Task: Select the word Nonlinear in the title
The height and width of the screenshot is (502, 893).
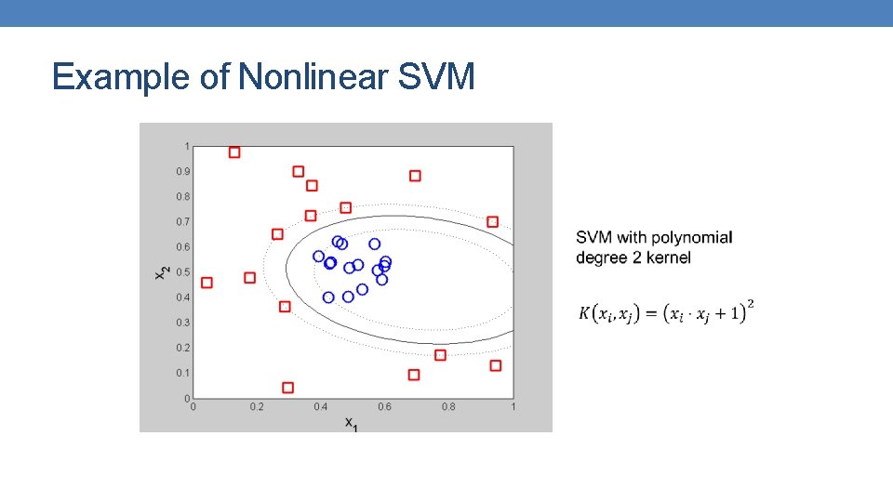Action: pyautogui.click(x=313, y=76)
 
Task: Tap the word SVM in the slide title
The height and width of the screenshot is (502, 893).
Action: pyautogui.click(x=436, y=76)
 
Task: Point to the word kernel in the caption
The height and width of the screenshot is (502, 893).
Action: pyautogui.click(x=669, y=258)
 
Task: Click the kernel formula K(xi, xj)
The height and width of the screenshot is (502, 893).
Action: pyautogui.click(x=666, y=312)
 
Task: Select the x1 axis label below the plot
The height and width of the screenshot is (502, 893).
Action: pyautogui.click(x=351, y=424)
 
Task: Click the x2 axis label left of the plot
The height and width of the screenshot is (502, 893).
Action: pyautogui.click(x=161, y=272)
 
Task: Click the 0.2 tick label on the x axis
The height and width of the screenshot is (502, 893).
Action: pyautogui.click(x=257, y=407)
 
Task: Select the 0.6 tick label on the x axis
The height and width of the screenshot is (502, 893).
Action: pyautogui.click(x=384, y=407)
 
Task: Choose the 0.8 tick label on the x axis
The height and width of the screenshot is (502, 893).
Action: pyautogui.click(x=448, y=407)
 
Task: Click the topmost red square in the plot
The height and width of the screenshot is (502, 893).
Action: pyautogui.click(x=234, y=152)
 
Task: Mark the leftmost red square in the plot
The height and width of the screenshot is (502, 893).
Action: pyautogui.click(x=207, y=283)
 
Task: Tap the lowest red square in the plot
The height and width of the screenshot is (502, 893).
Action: pyautogui.click(x=287, y=388)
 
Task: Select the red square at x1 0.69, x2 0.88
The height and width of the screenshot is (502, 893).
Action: pyautogui.click(x=415, y=176)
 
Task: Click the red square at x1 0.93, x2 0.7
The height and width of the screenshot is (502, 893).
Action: pyautogui.click(x=492, y=221)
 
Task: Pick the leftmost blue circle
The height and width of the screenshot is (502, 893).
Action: pyautogui.click(x=319, y=257)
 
